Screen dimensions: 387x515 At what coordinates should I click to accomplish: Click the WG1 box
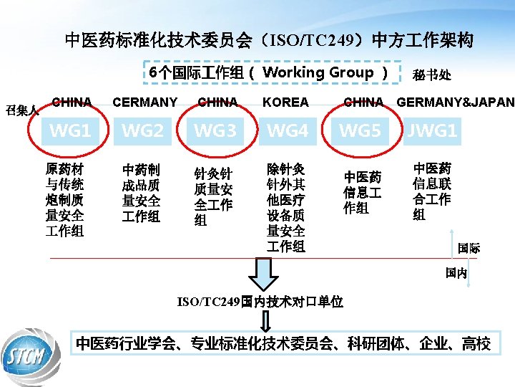(x=69, y=131)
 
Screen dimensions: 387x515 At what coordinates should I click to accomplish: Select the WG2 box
(x=142, y=131)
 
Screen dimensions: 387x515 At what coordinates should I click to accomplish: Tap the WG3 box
(x=215, y=131)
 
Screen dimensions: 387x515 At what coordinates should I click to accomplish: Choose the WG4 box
(x=288, y=131)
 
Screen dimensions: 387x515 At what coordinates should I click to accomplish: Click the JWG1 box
(x=432, y=131)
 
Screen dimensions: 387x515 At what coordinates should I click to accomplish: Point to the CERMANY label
(x=145, y=102)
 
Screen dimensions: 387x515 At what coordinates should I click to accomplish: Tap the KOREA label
(x=285, y=102)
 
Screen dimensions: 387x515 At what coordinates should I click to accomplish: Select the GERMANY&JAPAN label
(x=455, y=102)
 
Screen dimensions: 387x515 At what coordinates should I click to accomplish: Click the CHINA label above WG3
(x=217, y=102)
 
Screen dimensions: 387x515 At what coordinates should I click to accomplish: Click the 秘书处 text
(x=431, y=75)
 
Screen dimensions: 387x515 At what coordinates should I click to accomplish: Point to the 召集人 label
(x=22, y=110)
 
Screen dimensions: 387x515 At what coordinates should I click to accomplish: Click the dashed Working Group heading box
(x=269, y=72)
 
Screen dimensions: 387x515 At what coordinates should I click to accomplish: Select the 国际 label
(x=469, y=248)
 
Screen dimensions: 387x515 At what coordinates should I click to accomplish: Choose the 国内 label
(x=456, y=273)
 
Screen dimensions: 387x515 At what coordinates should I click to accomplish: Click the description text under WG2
(x=141, y=193)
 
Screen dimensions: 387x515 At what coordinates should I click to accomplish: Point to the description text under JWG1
(x=432, y=191)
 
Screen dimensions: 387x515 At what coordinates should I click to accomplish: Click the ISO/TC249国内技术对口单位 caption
(x=259, y=302)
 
